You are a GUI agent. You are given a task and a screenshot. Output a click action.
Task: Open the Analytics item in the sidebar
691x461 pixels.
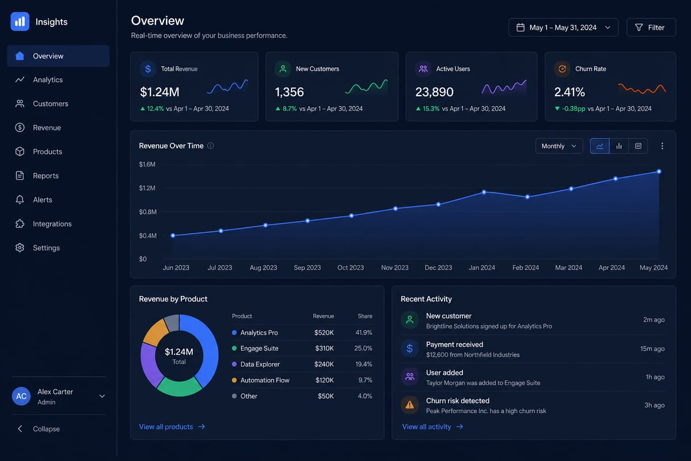[48, 80]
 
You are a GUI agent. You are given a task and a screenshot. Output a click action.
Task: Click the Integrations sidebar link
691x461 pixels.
[52, 224]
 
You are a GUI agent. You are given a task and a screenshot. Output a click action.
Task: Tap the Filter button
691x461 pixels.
[651, 28]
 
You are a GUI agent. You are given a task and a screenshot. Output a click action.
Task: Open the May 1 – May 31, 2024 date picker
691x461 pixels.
[563, 28]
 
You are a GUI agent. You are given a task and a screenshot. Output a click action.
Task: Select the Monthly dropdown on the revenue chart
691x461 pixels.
[559, 146]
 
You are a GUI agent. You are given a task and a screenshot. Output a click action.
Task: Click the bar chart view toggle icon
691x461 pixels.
[619, 146]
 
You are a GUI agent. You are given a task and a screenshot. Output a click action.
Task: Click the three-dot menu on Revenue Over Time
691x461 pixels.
[662, 146]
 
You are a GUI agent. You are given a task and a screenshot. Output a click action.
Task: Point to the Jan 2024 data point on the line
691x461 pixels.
[484, 192]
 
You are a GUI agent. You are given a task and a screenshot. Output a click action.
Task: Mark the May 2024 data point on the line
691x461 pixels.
[659, 171]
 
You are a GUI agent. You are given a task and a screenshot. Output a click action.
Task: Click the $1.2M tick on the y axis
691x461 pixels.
[147, 188]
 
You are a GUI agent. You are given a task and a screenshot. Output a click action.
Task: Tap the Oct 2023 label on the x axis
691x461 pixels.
[351, 267]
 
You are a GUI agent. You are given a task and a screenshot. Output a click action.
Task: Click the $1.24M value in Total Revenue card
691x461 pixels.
[160, 92]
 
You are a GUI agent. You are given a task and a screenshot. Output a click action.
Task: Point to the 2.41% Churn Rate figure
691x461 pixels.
[569, 92]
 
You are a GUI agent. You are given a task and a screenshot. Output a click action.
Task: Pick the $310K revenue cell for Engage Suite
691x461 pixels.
[324, 348]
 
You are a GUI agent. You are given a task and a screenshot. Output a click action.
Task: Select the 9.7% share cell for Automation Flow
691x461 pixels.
[365, 380]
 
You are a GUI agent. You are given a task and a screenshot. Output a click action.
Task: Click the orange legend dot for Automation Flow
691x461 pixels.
[234, 380]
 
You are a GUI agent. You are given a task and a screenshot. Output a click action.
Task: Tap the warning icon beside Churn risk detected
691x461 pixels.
[409, 405]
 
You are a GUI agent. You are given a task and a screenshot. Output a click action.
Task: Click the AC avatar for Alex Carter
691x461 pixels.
[21, 396]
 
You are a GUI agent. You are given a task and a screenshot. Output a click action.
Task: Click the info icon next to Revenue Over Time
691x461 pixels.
[210, 146]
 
